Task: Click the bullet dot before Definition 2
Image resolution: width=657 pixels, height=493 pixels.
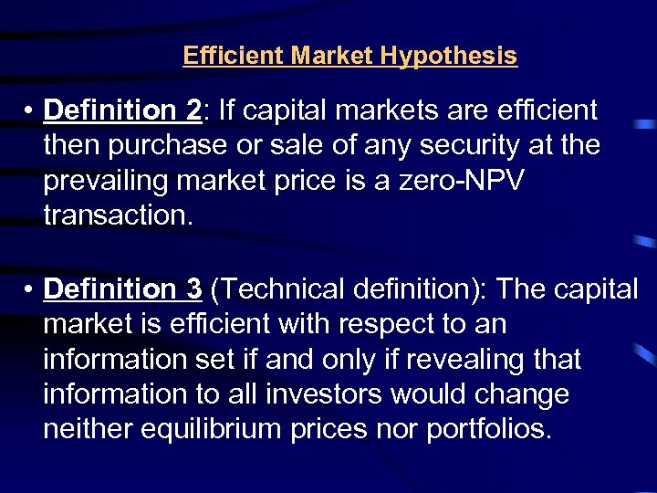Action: [30, 111]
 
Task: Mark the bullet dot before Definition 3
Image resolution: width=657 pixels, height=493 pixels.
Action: [30, 290]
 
